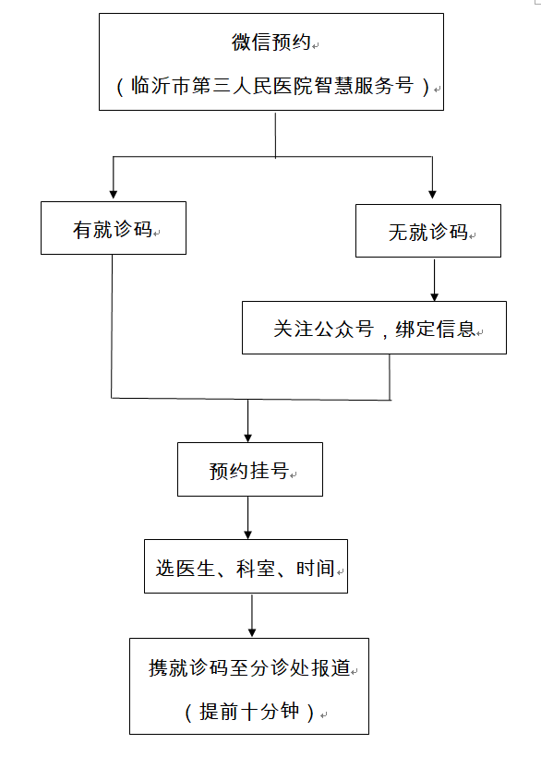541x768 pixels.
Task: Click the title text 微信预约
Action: [271, 42]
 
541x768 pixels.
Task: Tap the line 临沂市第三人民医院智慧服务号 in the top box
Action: [272, 86]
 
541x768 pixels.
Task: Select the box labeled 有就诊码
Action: [114, 228]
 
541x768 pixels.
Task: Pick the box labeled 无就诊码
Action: [428, 231]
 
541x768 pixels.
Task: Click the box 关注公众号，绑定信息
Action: [374, 328]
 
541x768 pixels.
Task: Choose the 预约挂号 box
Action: [250, 469]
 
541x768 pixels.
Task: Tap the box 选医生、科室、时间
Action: [246, 566]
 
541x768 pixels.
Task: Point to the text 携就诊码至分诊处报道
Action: [249, 667]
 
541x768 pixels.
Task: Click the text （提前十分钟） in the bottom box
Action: [249, 712]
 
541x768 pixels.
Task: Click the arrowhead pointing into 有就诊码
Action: [114, 195]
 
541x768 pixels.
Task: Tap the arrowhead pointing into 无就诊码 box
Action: [432, 195]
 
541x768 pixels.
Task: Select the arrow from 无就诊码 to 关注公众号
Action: [434, 279]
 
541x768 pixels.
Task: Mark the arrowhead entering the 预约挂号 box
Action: [248, 438]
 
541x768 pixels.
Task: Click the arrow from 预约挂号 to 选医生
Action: [248, 518]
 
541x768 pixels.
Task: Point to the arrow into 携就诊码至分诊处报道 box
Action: [252, 616]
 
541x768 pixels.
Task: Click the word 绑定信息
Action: [435, 329]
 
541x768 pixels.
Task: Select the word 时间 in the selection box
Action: [316, 569]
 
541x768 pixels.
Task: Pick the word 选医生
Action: [186, 569]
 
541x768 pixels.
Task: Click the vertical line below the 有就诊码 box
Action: [112, 326]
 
